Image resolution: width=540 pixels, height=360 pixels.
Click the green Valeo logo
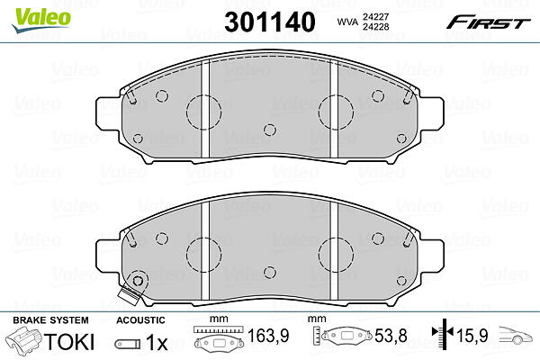click(41, 21)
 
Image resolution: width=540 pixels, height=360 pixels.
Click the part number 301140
click(270, 22)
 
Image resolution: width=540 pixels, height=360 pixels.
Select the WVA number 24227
click(375, 16)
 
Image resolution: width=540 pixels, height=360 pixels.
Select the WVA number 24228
click(375, 26)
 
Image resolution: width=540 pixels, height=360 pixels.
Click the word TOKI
click(69, 342)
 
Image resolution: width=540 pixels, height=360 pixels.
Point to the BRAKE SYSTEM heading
click(50, 320)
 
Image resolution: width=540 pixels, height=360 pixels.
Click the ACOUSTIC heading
click(140, 320)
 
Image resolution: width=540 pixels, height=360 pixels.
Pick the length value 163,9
click(268, 335)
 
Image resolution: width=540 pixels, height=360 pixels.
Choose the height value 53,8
click(391, 335)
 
